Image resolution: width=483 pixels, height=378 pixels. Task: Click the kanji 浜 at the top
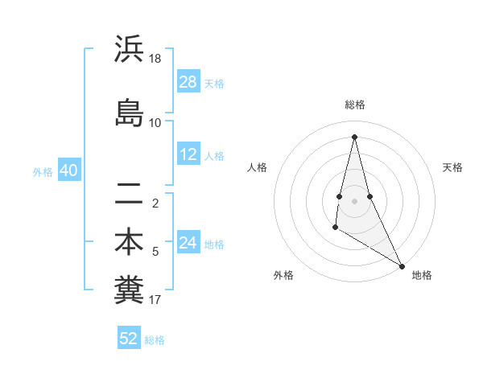pos(128,50)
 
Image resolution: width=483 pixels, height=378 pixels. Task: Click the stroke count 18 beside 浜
pos(155,59)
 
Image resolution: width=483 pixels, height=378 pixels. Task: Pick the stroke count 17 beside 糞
pos(155,300)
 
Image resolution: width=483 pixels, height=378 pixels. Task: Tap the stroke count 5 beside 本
pos(155,252)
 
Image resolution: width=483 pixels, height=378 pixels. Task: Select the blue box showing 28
pos(188,82)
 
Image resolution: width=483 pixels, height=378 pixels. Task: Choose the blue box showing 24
pos(188,243)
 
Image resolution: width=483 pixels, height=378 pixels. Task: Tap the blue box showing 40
pos(68,171)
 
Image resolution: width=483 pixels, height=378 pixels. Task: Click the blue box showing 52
pos(129,339)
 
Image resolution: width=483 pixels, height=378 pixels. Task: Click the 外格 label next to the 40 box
pos(43,172)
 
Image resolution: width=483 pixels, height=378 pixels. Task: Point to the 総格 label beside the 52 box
pos(155,340)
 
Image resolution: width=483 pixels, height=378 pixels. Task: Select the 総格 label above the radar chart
pos(355,105)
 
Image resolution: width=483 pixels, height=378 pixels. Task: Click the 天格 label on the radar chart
pos(452,167)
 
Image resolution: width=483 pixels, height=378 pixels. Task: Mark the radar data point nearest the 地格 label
pos(402,265)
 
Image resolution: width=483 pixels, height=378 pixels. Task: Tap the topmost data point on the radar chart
pos(354,136)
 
